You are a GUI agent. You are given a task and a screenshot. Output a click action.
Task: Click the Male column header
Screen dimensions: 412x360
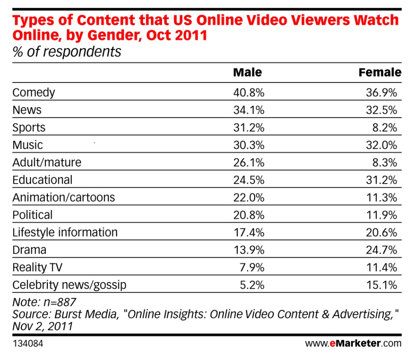[248, 72]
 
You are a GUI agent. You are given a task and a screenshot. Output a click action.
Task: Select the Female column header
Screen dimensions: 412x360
[380, 72]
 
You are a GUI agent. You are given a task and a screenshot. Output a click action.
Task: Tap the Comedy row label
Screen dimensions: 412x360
[34, 93]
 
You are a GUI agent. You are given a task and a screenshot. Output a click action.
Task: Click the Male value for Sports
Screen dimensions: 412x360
[249, 128]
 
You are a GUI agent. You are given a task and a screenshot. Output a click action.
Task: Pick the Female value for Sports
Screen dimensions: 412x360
[385, 128]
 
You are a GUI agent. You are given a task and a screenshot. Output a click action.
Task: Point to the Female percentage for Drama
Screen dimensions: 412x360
[382, 250]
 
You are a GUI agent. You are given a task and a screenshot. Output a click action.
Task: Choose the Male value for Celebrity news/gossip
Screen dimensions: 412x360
[252, 285]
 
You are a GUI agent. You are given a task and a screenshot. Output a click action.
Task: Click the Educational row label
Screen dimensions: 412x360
[42, 180]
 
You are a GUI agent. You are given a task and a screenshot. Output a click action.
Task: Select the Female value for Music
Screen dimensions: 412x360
[382, 145]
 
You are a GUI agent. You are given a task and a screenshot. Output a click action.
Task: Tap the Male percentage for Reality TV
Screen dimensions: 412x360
[252, 268]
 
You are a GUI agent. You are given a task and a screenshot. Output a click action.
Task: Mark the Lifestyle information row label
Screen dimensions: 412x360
[65, 233]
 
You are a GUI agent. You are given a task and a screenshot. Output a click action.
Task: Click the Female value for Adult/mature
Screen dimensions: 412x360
[385, 163]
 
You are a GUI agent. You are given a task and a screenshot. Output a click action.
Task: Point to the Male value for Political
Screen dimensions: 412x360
[249, 215]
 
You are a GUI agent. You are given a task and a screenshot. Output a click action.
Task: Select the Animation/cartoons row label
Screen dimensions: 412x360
[63, 198]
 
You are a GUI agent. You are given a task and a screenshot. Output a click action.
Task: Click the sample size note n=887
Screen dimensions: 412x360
[60, 302]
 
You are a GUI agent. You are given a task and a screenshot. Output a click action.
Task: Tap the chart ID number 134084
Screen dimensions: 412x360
[28, 344]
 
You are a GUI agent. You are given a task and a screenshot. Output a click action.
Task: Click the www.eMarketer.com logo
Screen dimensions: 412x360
[353, 344]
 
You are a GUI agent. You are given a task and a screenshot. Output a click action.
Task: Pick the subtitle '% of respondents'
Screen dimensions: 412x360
[67, 52]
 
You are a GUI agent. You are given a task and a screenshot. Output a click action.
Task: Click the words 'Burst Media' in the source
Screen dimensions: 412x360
[87, 314]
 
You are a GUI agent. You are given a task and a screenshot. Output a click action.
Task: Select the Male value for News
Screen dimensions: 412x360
[249, 110]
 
